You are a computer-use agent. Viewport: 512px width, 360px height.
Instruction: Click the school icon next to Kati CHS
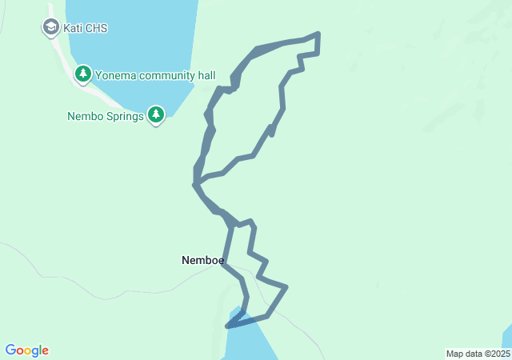tap(51, 28)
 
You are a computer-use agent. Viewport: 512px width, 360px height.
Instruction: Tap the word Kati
tap(74, 29)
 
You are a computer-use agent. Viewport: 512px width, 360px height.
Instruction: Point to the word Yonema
tap(116, 76)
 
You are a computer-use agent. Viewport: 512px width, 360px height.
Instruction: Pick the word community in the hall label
tap(167, 76)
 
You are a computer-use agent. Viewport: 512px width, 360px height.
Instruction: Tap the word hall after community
tap(205, 76)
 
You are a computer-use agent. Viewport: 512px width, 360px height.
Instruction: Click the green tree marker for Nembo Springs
tap(156, 115)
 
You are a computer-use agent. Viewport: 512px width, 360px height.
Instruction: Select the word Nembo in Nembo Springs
tap(84, 116)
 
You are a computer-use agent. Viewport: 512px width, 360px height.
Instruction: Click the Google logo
tap(26, 350)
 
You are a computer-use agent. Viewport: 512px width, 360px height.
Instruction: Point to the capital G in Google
tap(10, 350)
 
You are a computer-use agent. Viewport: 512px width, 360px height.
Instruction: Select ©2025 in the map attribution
tap(495, 354)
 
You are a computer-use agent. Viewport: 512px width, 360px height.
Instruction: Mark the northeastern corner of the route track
tap(318, 34)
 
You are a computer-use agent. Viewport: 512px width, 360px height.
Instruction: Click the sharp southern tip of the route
tap(228, 326)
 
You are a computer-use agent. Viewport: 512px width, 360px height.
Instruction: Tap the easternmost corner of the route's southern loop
tap(286, 286)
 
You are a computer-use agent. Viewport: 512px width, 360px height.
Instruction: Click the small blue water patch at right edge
tap(507, 336)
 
